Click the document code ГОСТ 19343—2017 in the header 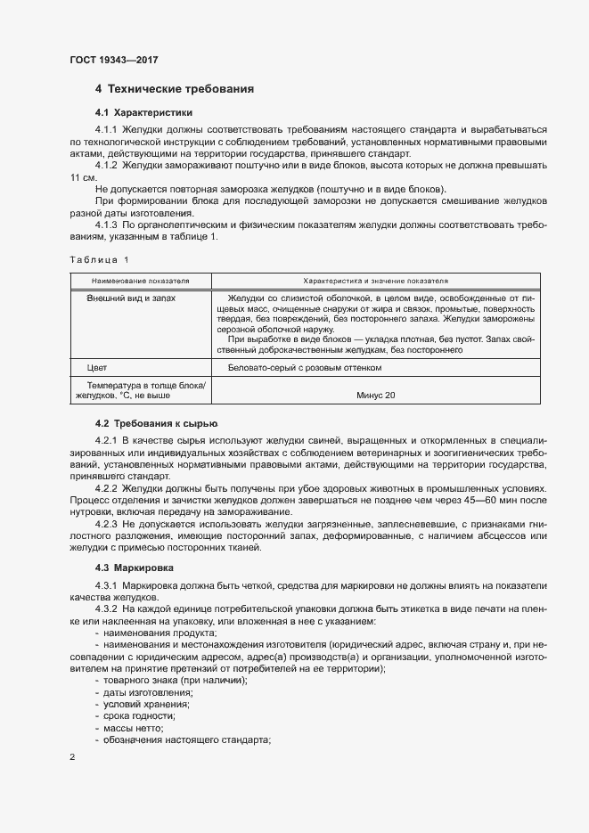point(113,61)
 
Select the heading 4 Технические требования point(175,89)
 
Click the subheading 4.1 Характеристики point(143,113)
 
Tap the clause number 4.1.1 point(106,130)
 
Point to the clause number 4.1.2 point(106,166)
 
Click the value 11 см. point(83,177)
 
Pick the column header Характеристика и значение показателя point(375,280)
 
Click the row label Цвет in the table point(97,367)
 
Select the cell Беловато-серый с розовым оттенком point(305,367)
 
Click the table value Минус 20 point(375,396)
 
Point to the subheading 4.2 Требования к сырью point(156,423)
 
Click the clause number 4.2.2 point(106,488)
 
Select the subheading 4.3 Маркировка point(135,568)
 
